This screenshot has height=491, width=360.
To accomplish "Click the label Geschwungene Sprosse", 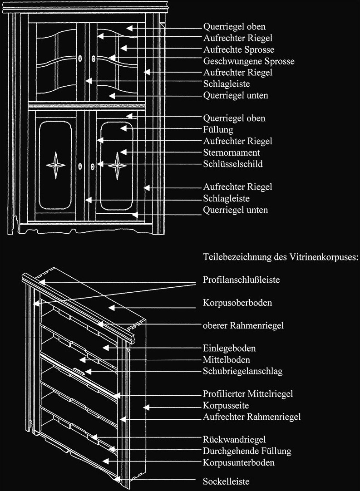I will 249,61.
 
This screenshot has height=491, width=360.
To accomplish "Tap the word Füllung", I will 218,130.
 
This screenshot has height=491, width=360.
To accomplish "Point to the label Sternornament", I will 232,152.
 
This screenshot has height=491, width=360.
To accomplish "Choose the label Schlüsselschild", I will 232,164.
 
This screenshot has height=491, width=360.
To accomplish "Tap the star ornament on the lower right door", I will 118,166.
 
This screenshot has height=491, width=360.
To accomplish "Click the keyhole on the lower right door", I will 94,166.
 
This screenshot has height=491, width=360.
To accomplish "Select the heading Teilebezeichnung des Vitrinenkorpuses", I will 281,257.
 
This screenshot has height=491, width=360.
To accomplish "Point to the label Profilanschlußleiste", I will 241,280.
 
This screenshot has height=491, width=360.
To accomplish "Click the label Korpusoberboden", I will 237,303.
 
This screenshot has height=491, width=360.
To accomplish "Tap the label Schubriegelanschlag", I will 242,371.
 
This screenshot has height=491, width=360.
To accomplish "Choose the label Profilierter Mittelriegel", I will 247,393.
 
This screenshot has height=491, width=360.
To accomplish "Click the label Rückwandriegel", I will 234,439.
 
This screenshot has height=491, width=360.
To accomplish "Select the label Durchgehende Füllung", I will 247,451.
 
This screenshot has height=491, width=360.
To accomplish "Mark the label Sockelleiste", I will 226,481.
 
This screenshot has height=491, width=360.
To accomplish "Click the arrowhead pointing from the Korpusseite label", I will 145,405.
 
